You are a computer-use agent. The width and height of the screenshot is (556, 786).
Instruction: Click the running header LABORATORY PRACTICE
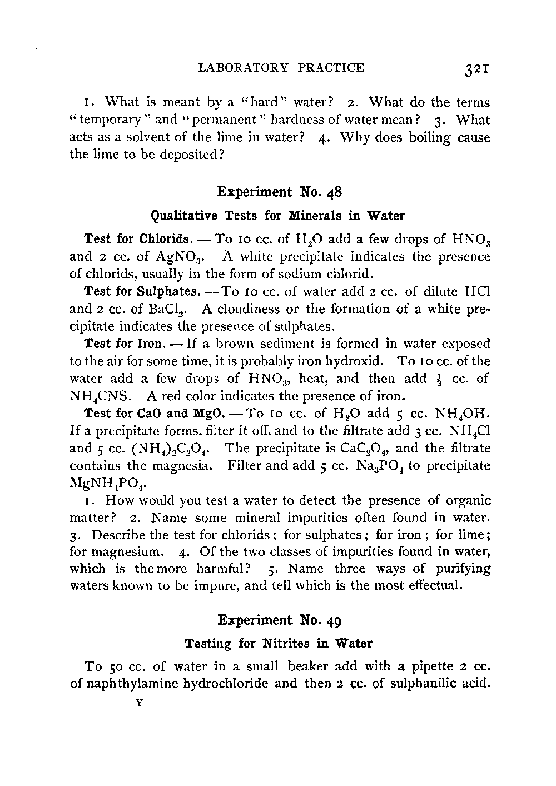(281, 68)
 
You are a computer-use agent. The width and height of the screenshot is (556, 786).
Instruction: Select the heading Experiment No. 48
(279, 192)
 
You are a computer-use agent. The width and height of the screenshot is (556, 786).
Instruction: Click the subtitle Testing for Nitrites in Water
(278, 643)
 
